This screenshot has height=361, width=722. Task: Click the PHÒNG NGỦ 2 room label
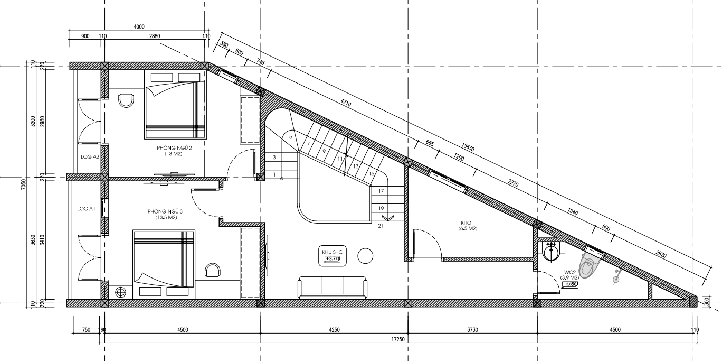pos(174,148)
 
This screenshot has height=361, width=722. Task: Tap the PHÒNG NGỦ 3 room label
pos(165,211)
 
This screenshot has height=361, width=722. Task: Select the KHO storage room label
pos(466,223)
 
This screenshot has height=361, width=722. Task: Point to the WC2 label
pos(569,272)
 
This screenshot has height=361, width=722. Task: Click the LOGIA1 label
pos(86,209)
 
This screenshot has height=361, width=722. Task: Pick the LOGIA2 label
pos(90,156)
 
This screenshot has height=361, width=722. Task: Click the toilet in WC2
pos(590,265)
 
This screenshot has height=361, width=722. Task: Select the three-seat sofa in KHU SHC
pos(332,287)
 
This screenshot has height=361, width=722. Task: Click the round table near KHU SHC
pos(365,256)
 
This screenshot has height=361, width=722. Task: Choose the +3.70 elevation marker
pos(332,258)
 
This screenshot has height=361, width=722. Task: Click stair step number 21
pos(381,226)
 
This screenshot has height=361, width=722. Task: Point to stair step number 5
pos(290,137)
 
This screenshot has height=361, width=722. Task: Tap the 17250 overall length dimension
pos(398,339)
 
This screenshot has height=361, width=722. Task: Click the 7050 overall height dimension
pos(23,184)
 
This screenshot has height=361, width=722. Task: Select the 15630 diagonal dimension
pos(468,147)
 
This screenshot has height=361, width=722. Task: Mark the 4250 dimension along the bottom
pos(334,330)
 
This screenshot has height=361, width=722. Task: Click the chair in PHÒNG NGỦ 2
pos(126,100)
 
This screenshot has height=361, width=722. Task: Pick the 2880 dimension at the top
pos(155,36)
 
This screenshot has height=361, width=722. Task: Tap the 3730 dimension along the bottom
pos(472,330)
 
